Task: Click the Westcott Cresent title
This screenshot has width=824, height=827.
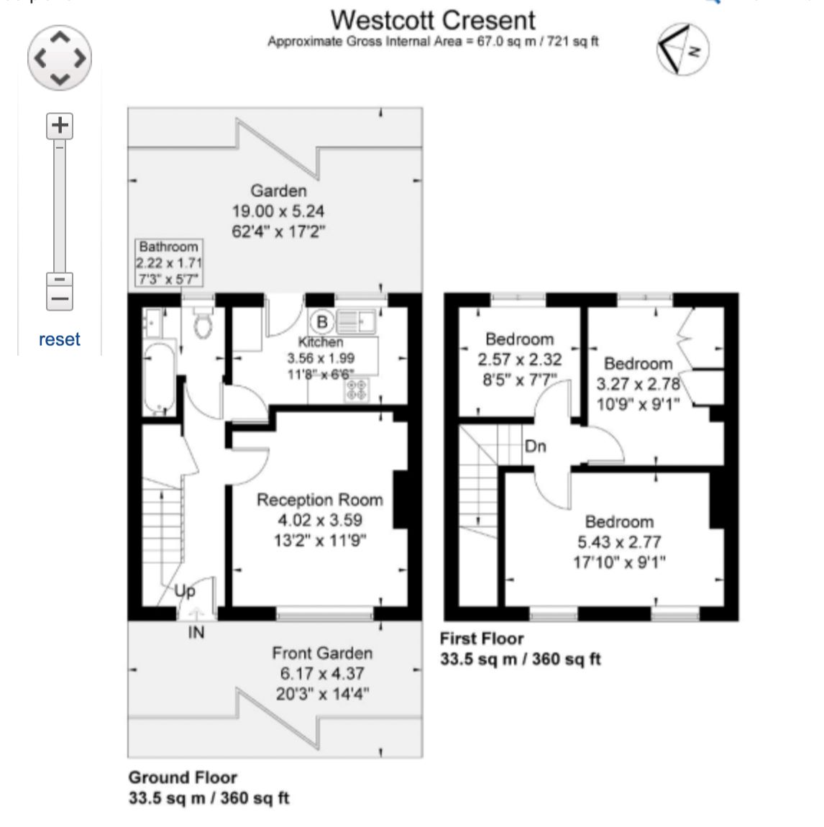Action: (433, 21)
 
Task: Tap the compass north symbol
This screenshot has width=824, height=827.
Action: (683, 49)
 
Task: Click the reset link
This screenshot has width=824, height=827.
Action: (60, 339)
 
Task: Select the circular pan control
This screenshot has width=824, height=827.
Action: (60, 58)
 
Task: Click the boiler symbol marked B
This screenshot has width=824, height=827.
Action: (321, 321)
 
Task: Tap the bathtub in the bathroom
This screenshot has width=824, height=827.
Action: (159, 379)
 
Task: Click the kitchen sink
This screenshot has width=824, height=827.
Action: (356, 321)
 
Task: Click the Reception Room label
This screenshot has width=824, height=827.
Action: (319, 500)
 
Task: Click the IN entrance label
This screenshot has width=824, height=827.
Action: (196, 632)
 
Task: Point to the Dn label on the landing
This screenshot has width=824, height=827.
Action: (536, 446)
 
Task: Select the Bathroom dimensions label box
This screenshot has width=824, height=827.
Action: (169, 262)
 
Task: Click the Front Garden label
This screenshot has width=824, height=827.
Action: (322, 654)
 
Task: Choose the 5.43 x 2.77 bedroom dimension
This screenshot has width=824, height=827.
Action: (619, 542)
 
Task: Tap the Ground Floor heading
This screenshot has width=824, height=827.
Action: (183, 777)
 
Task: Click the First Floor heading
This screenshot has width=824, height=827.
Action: (482, 639)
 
